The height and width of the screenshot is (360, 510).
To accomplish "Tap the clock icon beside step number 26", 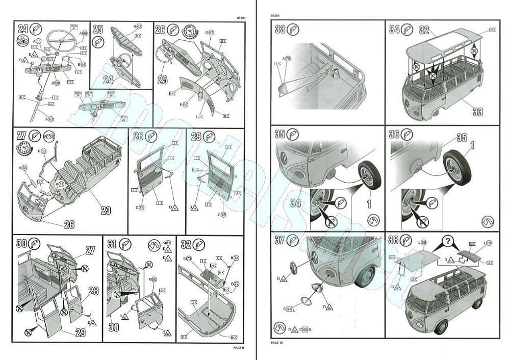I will (189, 31).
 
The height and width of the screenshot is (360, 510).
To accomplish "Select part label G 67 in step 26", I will (210, 33).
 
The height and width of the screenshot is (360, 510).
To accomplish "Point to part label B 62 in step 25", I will (138, 26).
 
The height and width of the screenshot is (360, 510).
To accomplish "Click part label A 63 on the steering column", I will (49, 119).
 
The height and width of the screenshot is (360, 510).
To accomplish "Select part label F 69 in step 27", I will (43, 151).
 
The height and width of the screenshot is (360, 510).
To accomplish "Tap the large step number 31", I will (113, 243).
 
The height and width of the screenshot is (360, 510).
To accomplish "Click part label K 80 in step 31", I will (154, 279).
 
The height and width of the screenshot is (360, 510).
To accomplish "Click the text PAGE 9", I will (238, 348).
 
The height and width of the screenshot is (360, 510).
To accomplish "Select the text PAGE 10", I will (276, 342).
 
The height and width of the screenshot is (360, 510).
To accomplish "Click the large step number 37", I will (279, 240).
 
